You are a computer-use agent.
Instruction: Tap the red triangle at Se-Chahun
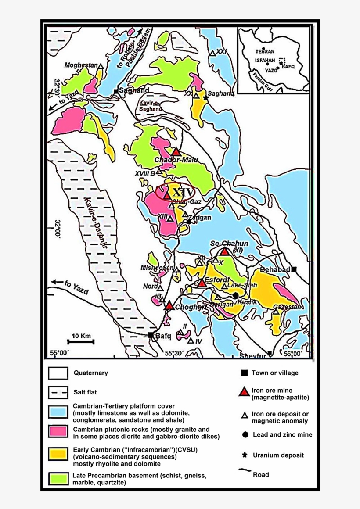tap(225, 251)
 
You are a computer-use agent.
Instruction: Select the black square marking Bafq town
tap(151, 335)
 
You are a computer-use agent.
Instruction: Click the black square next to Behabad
tap(294, 269)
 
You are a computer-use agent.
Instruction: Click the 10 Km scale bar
tap(81, 341)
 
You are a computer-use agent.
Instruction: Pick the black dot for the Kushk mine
tap(236, 295)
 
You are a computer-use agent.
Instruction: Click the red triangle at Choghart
tap(169, 306)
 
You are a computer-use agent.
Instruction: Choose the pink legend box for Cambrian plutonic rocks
tap(58, 432)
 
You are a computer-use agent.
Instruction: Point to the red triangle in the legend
tap(244, 392)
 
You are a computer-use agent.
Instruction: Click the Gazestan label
tap(288, 307)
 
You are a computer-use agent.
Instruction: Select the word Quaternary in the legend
tap(90, 373)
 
